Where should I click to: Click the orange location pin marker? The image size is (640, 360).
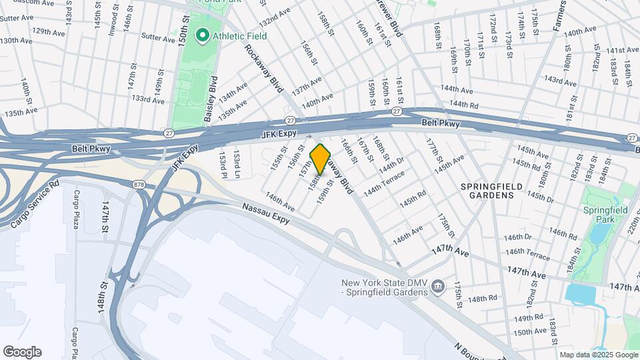321,159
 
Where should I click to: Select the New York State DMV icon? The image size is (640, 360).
439,287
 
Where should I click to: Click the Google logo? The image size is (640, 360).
22,352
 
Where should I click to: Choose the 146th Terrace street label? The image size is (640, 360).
528,255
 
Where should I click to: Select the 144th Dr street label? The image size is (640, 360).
391,164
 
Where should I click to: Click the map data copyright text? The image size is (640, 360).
598,355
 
